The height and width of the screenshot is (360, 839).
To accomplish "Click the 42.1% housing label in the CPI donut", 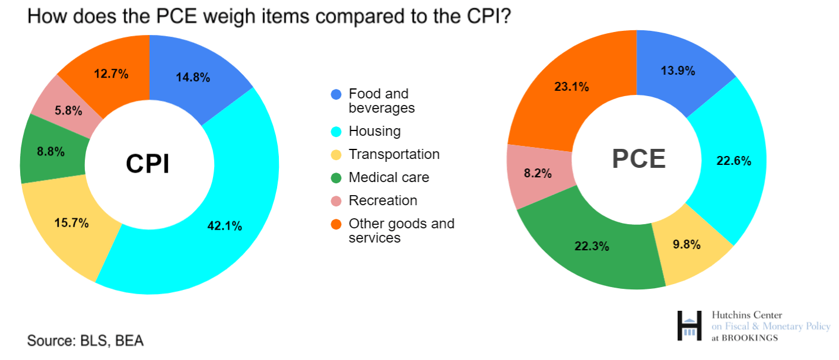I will (224, 226).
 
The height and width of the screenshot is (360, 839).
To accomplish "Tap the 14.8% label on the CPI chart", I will (193, 77).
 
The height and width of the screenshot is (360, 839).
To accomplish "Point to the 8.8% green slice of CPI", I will (50, 151).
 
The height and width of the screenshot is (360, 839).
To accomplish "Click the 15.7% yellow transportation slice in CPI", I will (71, 223).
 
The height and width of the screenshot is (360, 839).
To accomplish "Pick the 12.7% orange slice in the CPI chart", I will (112, 74).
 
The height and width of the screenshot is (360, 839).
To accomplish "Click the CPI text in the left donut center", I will (148, 164).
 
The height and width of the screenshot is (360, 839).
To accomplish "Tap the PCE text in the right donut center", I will (638, 158).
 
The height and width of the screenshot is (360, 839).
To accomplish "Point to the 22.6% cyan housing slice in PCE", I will (734, 161).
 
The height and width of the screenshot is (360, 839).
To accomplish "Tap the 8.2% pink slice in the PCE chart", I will (538, 174).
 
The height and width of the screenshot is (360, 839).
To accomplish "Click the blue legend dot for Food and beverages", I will (336, 94).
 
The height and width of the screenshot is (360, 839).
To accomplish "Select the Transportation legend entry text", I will (394, 154).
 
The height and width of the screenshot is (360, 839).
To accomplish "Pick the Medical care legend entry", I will (389, 177).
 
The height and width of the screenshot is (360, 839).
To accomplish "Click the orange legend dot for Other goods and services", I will (336, 224).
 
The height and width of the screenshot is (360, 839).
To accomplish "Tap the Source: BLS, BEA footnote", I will (85, 341).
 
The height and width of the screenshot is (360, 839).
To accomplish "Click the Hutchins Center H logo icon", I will (689, 326).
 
